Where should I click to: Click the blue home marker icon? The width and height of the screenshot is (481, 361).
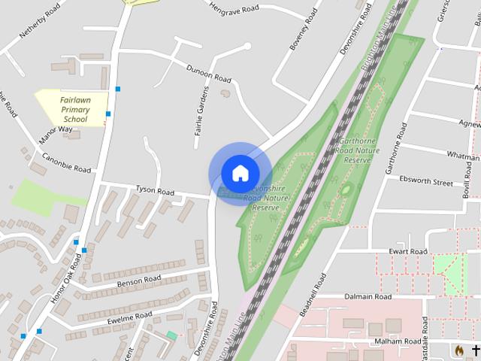pyautogui.click(x=240, y=173)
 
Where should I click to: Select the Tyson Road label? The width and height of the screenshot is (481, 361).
pyautogui.click(x=155, y=192)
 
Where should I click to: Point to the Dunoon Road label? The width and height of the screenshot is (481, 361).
pyautogui.click(x=209, y=73)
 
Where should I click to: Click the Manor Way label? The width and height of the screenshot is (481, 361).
pyautogui.click(x=56, y=135)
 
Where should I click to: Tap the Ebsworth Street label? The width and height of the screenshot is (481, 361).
pyautogui.click(x=426, y=182)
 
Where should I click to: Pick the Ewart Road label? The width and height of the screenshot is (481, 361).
pyautogui.click(x=408, y=251)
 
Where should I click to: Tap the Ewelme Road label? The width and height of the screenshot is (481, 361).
pyautogui.click(x=129, y=318)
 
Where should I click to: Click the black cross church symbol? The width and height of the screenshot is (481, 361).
pyautogui.click(x=475, y=350)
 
